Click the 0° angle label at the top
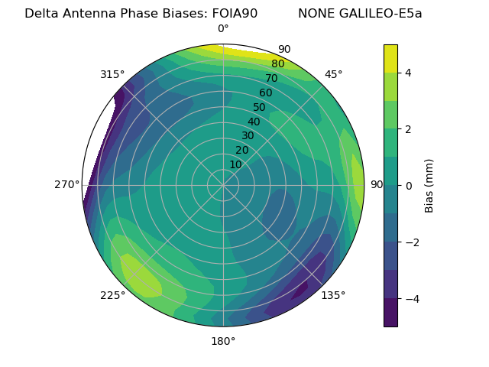[x=223, y=29]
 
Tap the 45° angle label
[x=333, y=74]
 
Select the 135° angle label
[x=333, y=295]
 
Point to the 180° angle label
[x=223, y=341]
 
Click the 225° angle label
[x=112, y=295]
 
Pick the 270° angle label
[x=66, y=184]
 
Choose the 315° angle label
[x=112, y=74]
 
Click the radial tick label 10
[x=235, y=164]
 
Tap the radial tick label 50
[x=260, y=108]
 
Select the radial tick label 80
[x=278, y=64]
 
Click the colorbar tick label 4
[x=408, y=73]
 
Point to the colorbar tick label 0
[x=408, y=185]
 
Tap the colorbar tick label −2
[x=411, y=242]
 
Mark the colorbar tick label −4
[x=411, y=298]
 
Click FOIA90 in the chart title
[x=232, y=13]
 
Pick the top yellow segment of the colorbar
[x=390, y=58]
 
